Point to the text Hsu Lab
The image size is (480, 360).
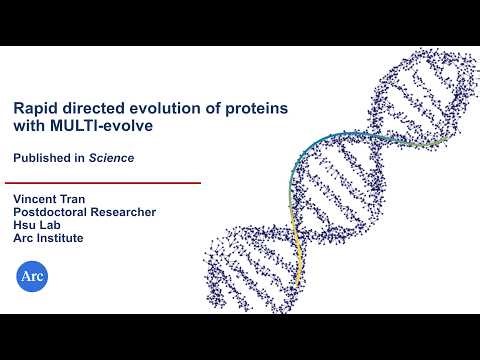(x=36, y=225)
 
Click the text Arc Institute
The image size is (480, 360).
(x=47, y=238)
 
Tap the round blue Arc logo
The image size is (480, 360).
(x=33, y=275)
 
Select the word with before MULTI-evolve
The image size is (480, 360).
(x=29, y=127)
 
